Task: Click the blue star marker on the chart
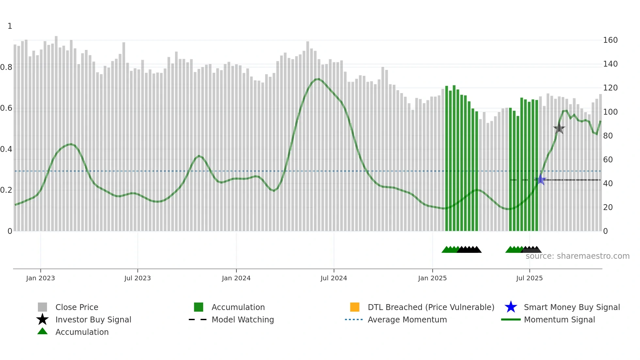[x=541, y=180]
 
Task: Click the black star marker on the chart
[x=559, y=128]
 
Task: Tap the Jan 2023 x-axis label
[x=40, y=278]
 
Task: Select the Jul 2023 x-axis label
[x=137, y=278]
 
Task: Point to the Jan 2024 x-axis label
[x=236, y=278]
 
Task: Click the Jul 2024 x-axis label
[x=334, y=278]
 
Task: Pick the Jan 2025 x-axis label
[x=432, y=278]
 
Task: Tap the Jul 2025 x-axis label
[x=529, y=278]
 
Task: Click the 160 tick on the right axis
[x=610, y=40]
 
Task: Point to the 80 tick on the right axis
[x=608, y=136]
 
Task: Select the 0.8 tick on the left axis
[x=6, y=67]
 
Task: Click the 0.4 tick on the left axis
[x=6, y=149]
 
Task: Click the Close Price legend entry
[x=77, y=307]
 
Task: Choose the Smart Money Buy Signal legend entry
[x=572, y=307]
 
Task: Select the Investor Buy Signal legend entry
[x=93, y=320]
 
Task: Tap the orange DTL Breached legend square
[x=355, y=307]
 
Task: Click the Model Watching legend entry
[x=243, y=320]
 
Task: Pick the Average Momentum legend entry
[x=407, y=320]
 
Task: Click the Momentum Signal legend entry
[x=559, y=320]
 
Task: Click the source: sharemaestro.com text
[x=577, y=256]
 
